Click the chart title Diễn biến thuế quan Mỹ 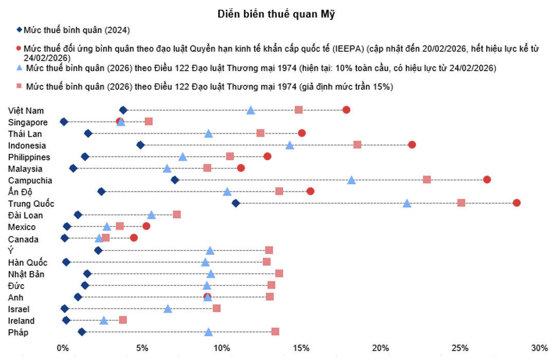pos(276,14)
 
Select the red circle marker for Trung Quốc pos(517,203)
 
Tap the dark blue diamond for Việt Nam pos(123,110)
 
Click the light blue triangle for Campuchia pos(351,179)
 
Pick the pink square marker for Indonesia pos(357,145)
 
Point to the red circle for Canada pos(134,238)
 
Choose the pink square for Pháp pos(275,331)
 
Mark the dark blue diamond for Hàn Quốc pos(66,262)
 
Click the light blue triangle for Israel pos(168,309)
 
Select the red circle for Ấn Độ pos(310,191)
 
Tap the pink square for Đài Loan pos(177,214)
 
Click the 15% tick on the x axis pos(301,348)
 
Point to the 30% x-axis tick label pos(540,348)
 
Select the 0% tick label pos(63,348)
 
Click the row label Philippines pos(29,157)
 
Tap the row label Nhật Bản pos(26,274)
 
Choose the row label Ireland pos(21,321)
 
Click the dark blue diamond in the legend pos(19,30)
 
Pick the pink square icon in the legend pos(19,86)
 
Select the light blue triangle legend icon pos(19,68)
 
